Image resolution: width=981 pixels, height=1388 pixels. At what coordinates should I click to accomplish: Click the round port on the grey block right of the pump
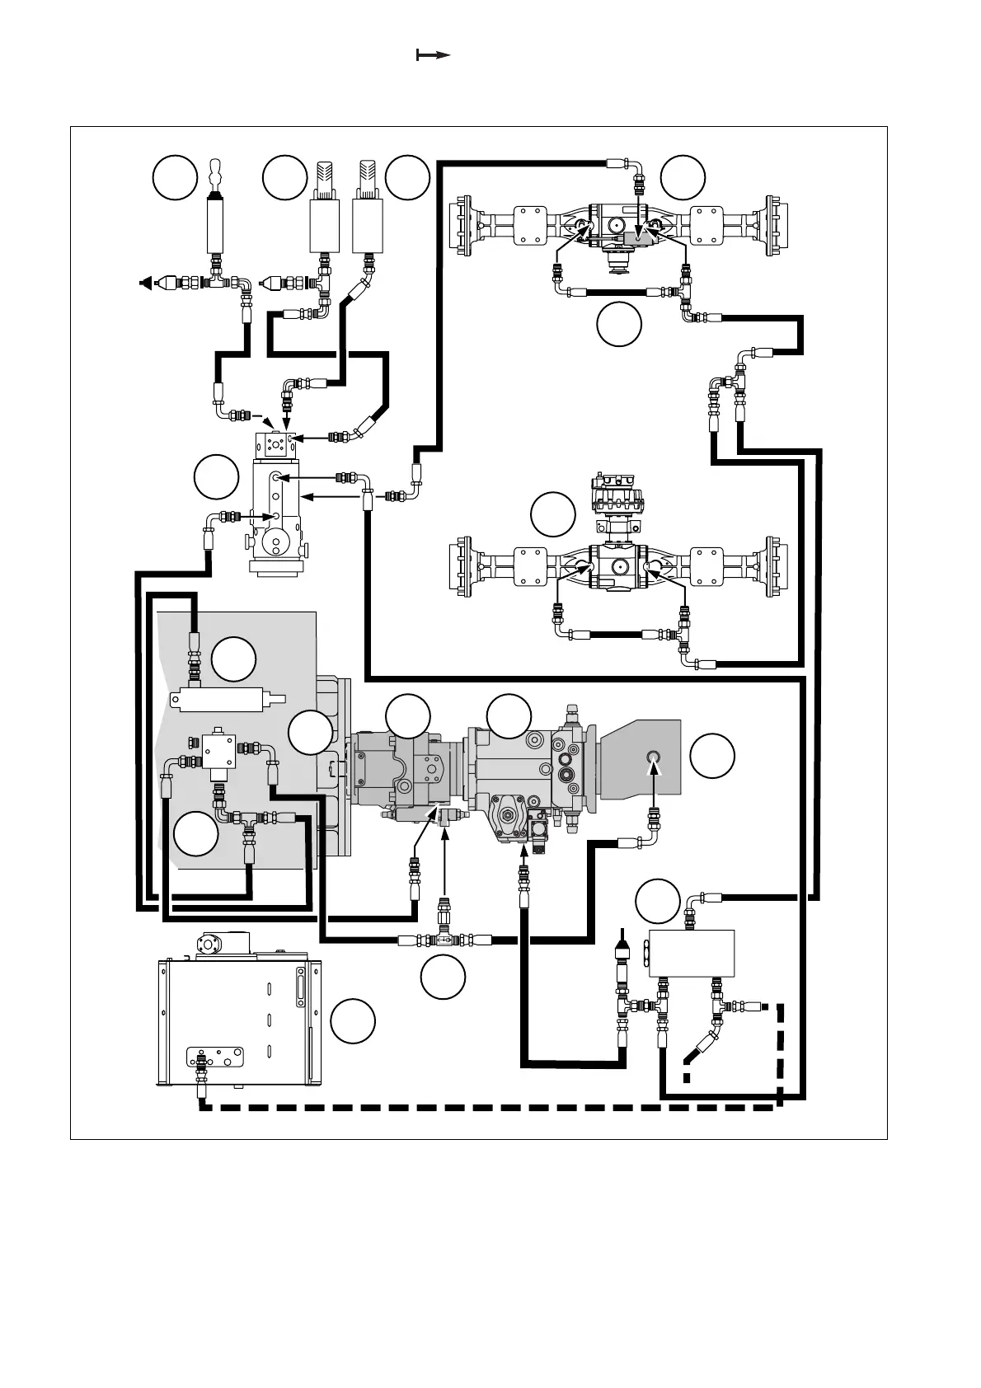click(x=653, y=757)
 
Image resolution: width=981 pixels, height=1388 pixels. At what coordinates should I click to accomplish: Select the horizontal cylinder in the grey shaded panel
click(x=222, y=700)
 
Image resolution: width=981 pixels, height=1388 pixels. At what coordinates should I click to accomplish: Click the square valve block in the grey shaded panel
click(x=219, y=751)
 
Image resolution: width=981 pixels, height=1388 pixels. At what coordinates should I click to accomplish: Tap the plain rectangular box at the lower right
click(x=692, y=954)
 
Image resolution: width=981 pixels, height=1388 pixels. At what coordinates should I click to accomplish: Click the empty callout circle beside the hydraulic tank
click(x=353, y=1021)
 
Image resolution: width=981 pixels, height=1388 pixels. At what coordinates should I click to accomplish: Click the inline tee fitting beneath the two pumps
click(x=444, y=939)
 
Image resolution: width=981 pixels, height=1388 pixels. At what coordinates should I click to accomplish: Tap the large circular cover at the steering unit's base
click(x=273, y=546)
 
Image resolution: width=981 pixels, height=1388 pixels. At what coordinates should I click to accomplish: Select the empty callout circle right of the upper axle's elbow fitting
click(x=683, y=177)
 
